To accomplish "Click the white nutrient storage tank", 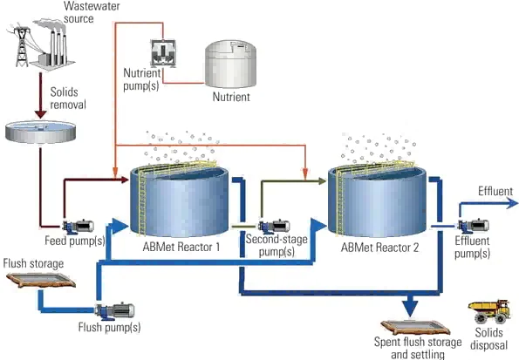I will (x=231, y=63).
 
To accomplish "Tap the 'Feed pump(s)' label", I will (x=75, y=241).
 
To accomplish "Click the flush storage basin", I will (x=38, y=281).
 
